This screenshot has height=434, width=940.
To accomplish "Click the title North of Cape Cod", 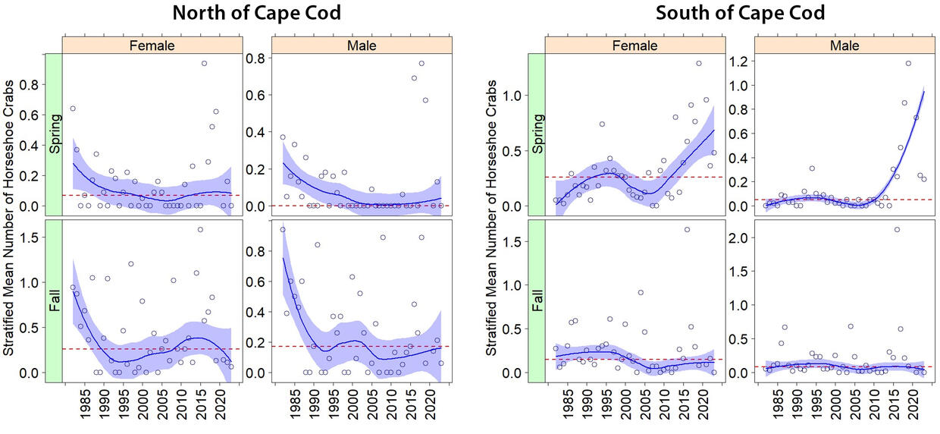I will (255, 14).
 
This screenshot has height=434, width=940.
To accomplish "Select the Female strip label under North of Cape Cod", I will (152, 46).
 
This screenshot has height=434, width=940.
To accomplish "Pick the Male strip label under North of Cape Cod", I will (361, 46).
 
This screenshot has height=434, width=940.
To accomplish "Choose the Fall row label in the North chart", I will (54, 300).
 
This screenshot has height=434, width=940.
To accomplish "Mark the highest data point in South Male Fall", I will (897, 229).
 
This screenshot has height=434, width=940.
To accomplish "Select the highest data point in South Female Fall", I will (687, 229).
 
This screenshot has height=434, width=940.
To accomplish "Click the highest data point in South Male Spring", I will (908, 64).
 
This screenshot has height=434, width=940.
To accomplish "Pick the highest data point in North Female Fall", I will (200, 229).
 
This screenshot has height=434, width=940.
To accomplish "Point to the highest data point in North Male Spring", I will (422, 64).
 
